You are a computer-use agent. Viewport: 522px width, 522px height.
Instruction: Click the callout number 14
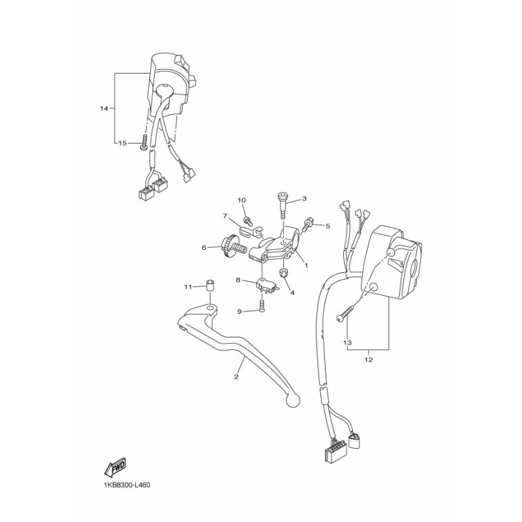coord(103,107)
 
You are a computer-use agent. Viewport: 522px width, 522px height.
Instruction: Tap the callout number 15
coord(121,143)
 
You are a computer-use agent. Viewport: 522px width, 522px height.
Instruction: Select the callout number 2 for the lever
coord(236,376)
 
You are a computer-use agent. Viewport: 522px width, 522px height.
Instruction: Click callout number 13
coord(347,342)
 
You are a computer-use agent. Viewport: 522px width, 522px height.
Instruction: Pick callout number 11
coord(187,286)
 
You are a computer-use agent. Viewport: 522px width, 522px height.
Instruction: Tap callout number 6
coord(204,247)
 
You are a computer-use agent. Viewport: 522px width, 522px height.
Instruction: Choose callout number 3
coord(304,198)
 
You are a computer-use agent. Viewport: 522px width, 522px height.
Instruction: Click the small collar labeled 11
coord(211,285)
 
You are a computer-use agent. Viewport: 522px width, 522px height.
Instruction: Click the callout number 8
coord(239,280)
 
